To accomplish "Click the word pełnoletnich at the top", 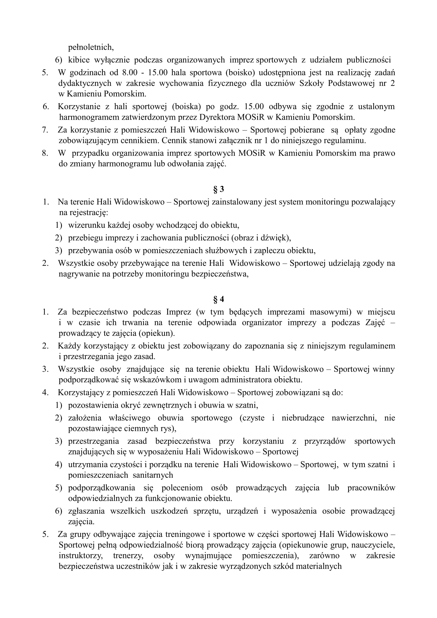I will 91,47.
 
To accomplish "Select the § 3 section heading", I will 218,189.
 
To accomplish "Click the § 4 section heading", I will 218,299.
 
